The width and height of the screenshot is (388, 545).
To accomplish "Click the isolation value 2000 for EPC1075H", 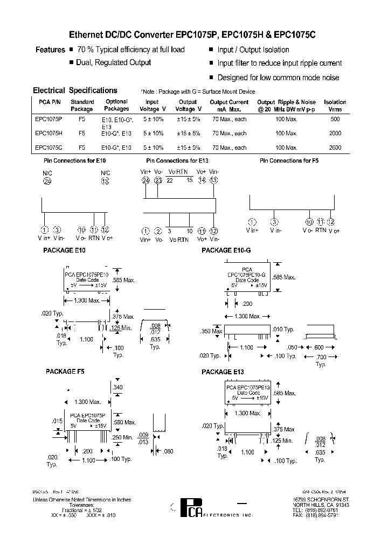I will (x=335, y=133).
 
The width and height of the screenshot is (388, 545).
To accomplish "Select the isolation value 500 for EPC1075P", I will (x=335, y=118).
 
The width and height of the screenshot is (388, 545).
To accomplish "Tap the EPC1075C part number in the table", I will (x=48, y=148).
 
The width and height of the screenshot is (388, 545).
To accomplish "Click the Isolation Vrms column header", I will (x=335, y=105).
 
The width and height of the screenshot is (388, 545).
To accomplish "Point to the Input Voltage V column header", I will (x=153, y=105).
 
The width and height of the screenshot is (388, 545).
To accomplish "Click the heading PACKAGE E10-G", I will (x=226, y=250).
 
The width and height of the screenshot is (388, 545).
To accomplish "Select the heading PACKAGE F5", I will (x=65, y=372).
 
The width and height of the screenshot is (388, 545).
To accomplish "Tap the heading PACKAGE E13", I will (x=223, y=372).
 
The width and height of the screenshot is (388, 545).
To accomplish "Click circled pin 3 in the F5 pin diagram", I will (x=274, y=222).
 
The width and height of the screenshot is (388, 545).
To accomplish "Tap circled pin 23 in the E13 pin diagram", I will (x=158, y=181).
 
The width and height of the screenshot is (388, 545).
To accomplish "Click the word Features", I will (x=50, y=50).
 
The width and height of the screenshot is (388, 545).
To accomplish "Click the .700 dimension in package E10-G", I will (x=321, y=358).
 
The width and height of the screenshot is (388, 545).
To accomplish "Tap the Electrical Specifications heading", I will (x=75, y=90).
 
